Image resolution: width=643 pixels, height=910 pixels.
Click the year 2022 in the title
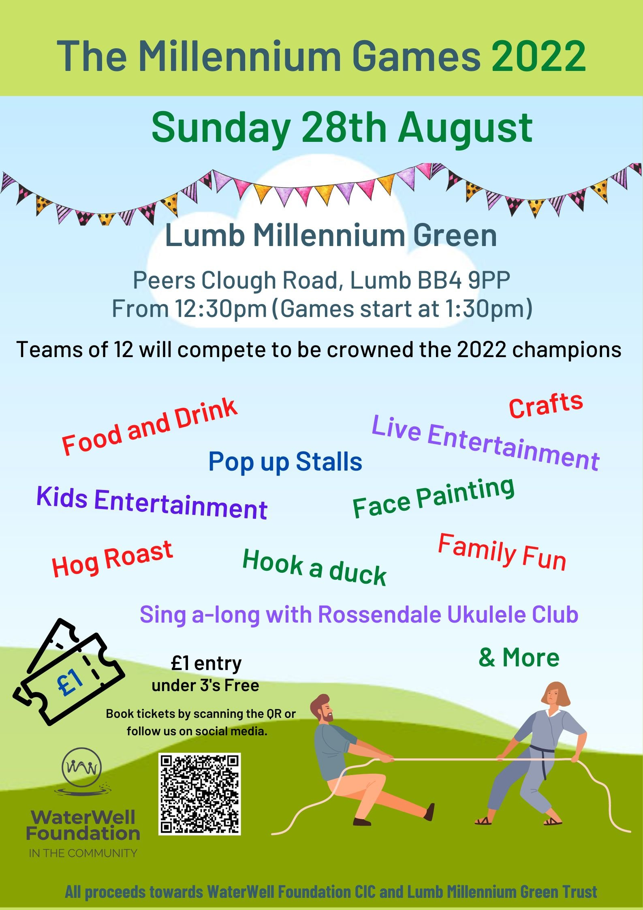pos(539,56)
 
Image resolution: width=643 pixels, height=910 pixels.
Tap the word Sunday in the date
pos(221,128)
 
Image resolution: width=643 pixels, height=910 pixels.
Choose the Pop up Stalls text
pos(285,462)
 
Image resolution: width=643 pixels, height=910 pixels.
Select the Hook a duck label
pos(314,567)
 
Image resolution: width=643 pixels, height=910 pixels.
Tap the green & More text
pos(519,657)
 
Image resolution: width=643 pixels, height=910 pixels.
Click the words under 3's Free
pos(205,685)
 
